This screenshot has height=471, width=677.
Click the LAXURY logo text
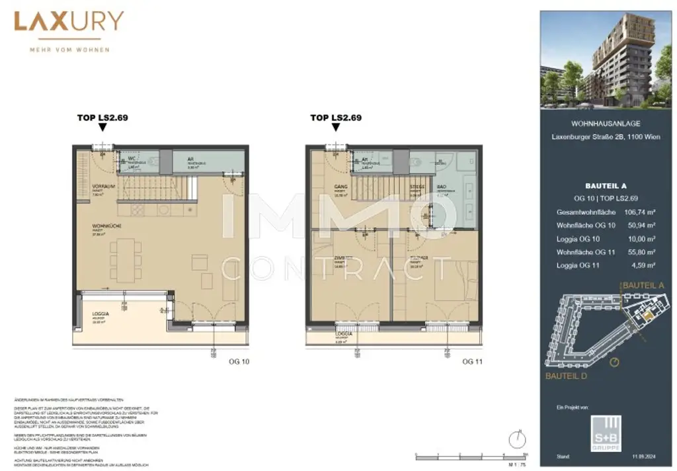69,22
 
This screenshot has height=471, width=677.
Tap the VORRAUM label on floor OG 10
104,187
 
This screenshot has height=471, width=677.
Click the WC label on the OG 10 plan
132,159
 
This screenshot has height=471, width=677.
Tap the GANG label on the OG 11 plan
341,187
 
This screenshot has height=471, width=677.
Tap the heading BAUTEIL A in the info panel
605,186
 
